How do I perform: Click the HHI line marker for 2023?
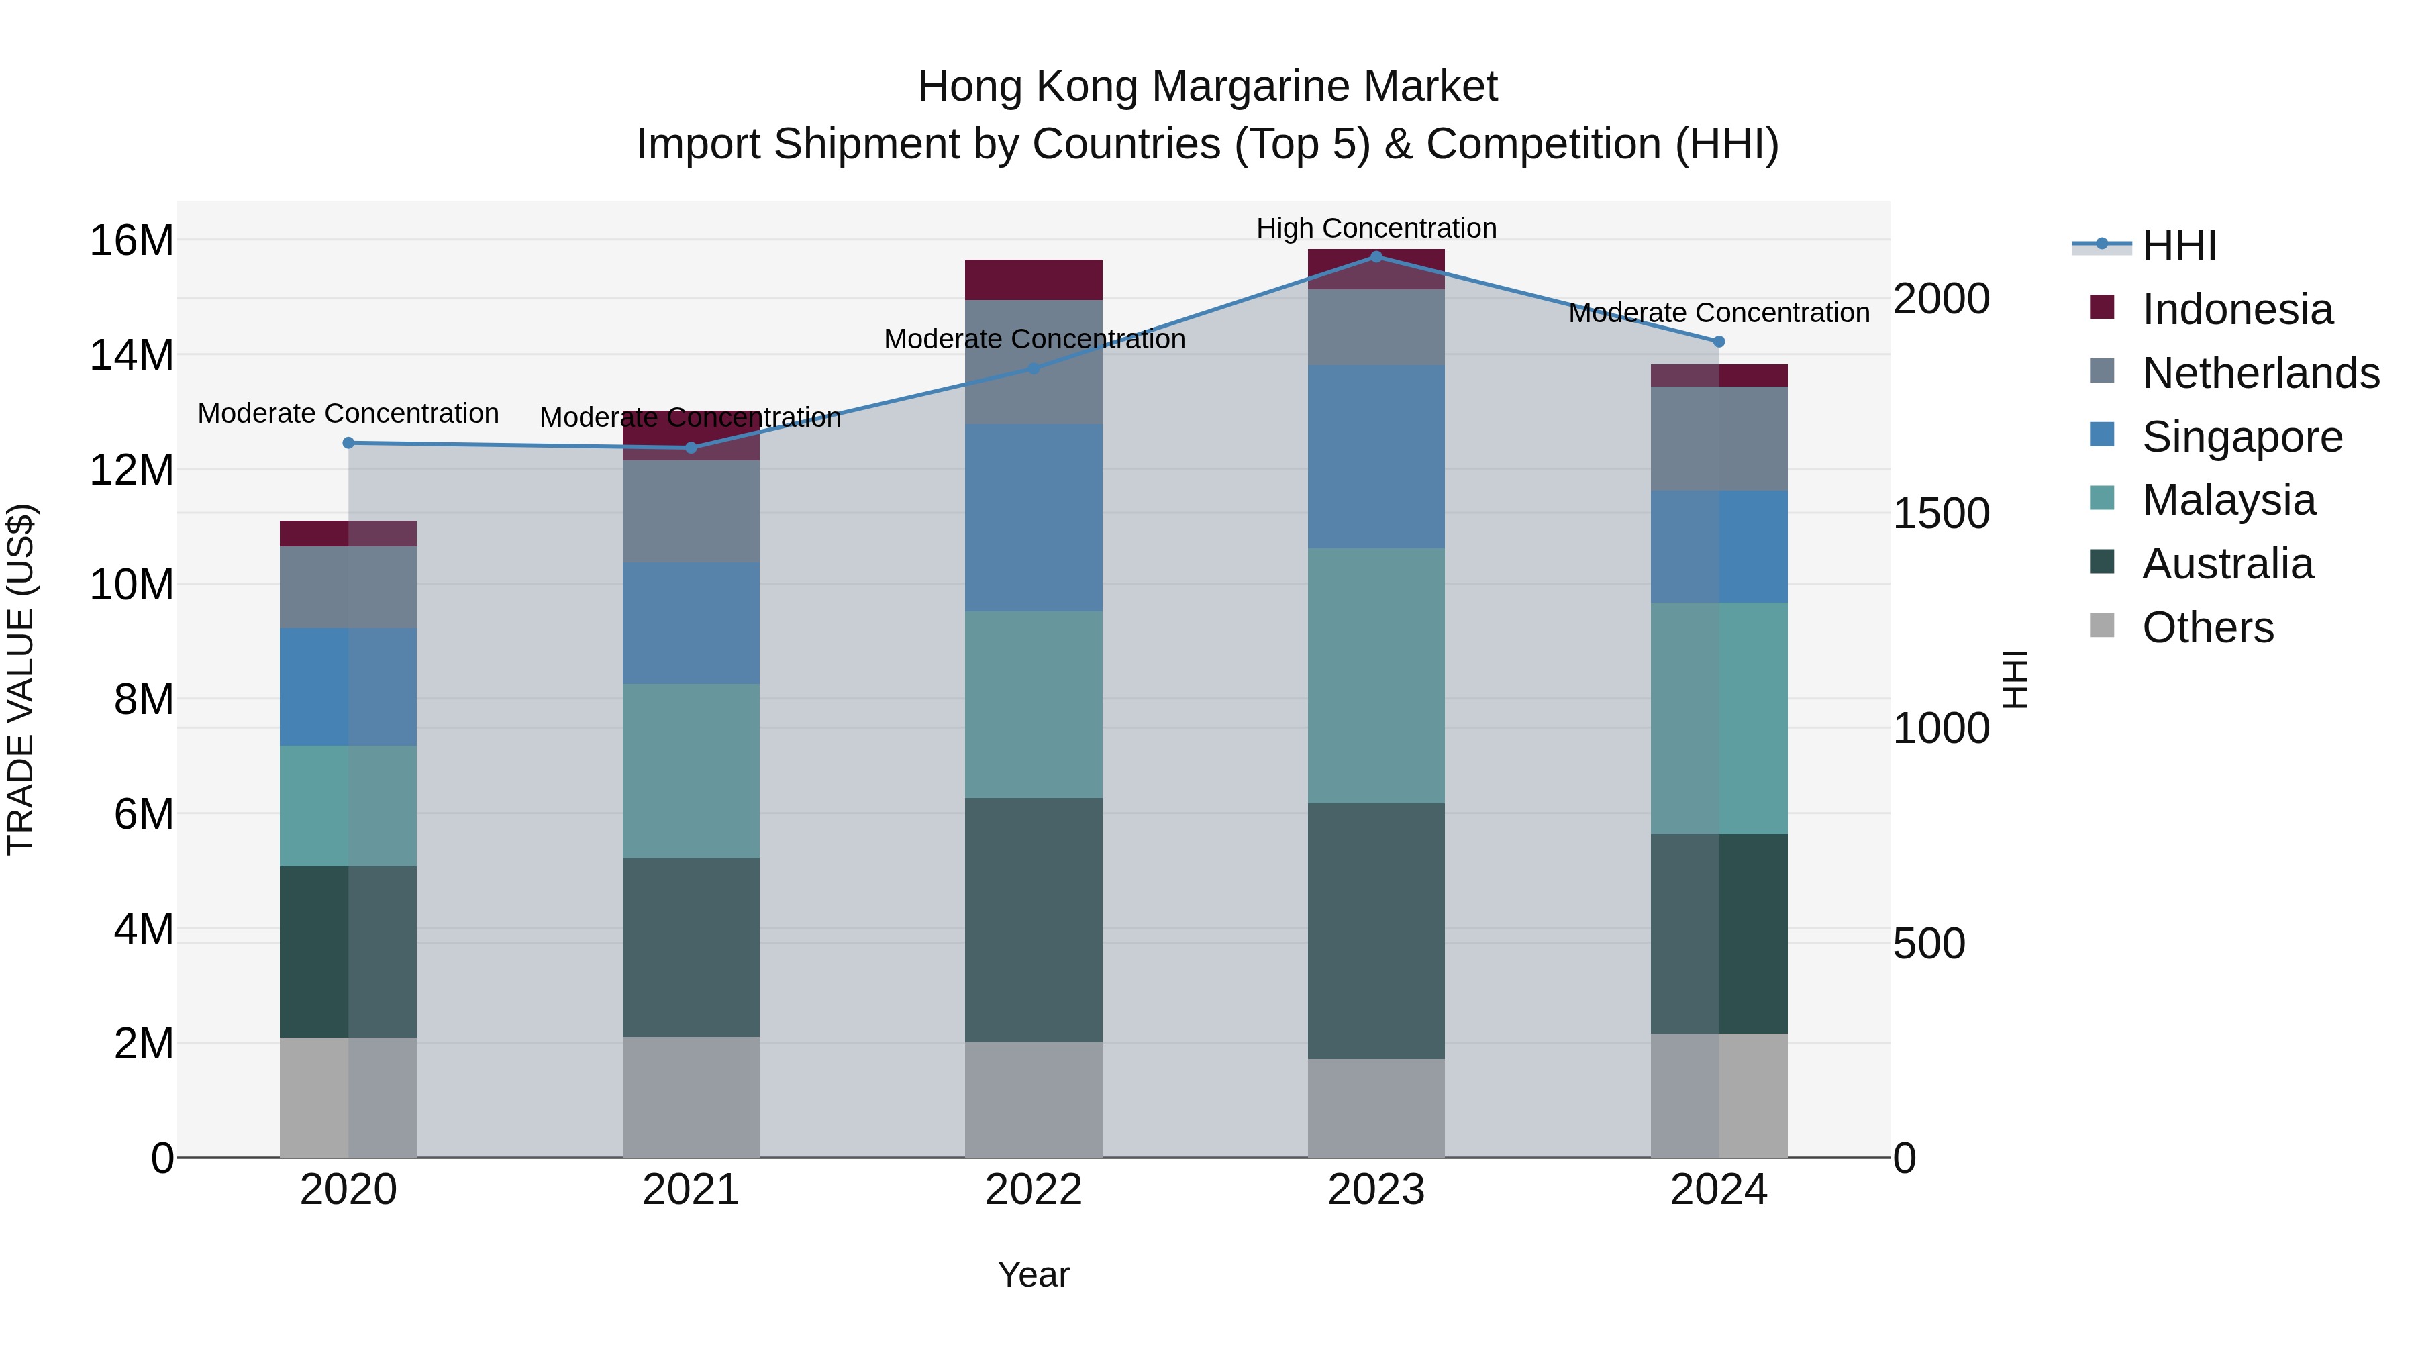[1376, 256]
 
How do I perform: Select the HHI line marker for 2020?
[348, 443]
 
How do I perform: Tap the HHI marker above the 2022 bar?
[1034, 368]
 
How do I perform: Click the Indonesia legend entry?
[2237, 309]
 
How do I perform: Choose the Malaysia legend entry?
[2228, 500]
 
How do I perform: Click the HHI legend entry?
[2178, 246]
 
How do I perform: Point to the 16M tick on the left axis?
[132, 241]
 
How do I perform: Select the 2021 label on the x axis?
[691, 1190]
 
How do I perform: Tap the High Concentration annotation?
[1376, 228]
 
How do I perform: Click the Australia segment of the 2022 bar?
[1034, 919]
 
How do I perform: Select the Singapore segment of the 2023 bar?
[1376, 457]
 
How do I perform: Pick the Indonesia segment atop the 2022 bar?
[1034, 279]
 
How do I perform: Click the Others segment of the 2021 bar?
[691, 1097]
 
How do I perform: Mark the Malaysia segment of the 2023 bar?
[1376, 675]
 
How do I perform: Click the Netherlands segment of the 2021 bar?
[691, 511]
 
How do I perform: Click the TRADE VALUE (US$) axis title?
[21, 679]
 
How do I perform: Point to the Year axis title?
[1033, 1274]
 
